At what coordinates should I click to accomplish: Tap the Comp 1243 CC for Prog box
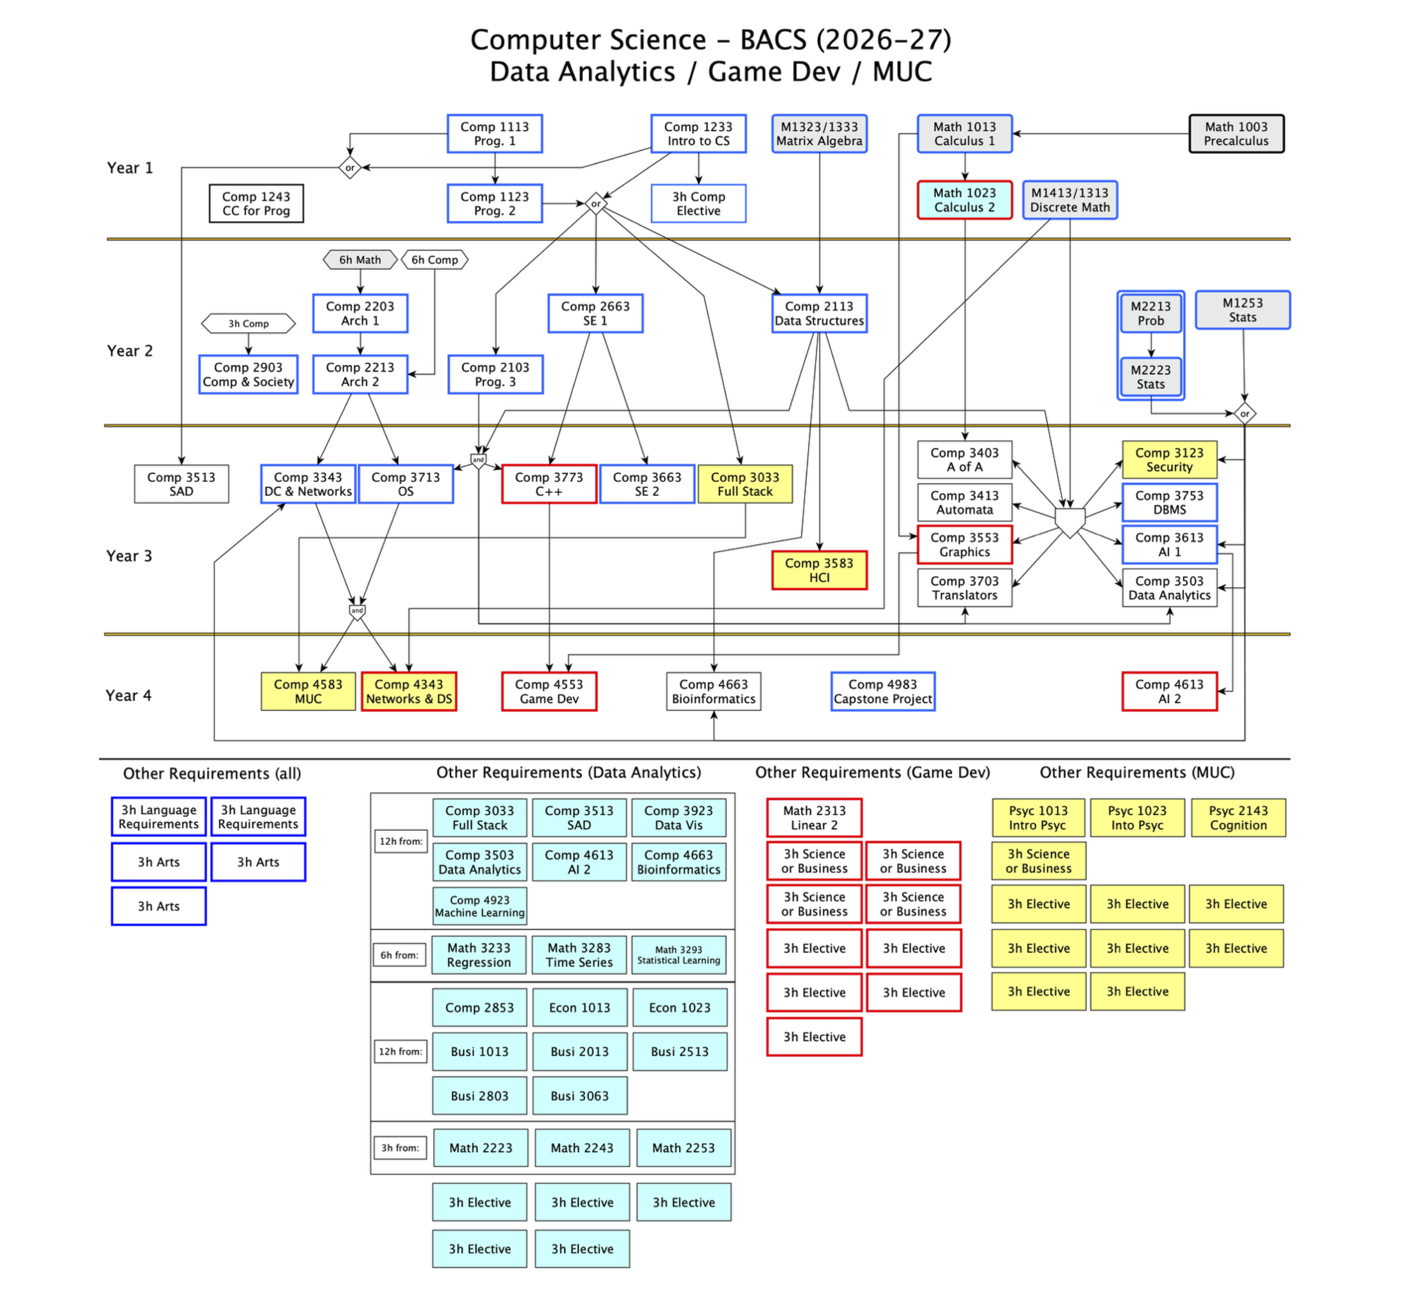pos(256,204)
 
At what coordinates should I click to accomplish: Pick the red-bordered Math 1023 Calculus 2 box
pos(965,200)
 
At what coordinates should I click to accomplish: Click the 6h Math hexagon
pos(360,260)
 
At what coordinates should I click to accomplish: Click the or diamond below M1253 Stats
pos(1244,414)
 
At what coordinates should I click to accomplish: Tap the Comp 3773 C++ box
pos(549,484)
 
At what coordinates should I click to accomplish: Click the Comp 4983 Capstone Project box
pos(883,691)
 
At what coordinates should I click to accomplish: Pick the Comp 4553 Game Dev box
pos(549,691)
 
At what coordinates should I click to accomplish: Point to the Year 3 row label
pos(129,556)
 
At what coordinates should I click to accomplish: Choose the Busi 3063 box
pos(579,1095)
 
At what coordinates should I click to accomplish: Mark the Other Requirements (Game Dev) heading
pos(873,773)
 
